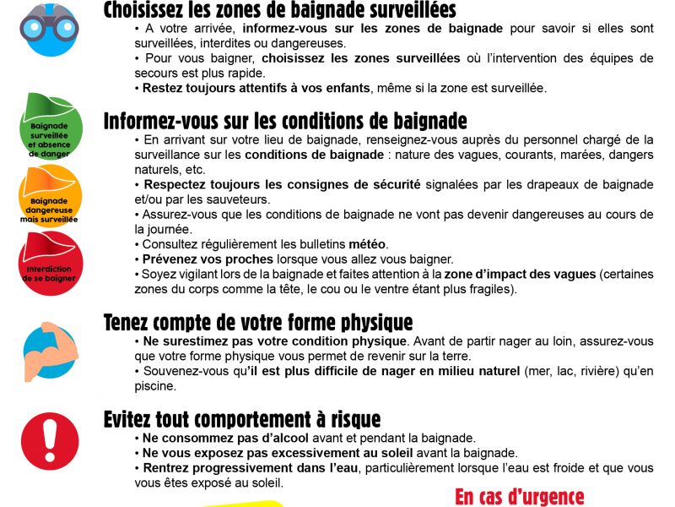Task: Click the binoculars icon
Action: [x=50, y=25]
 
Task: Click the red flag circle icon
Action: [x=50, y=262]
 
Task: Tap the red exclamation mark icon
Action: [x=50, y=439]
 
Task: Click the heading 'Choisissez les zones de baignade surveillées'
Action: [x=279, y=11]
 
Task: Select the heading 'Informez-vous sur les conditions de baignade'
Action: [x=285, y=122]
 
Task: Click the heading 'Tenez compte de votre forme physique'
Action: [x=258, y=323]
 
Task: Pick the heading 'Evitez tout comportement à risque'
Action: [x=242, y=419]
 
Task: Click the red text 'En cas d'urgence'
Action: [x=519, y=496]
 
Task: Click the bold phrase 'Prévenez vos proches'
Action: [x=208, y=259]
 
